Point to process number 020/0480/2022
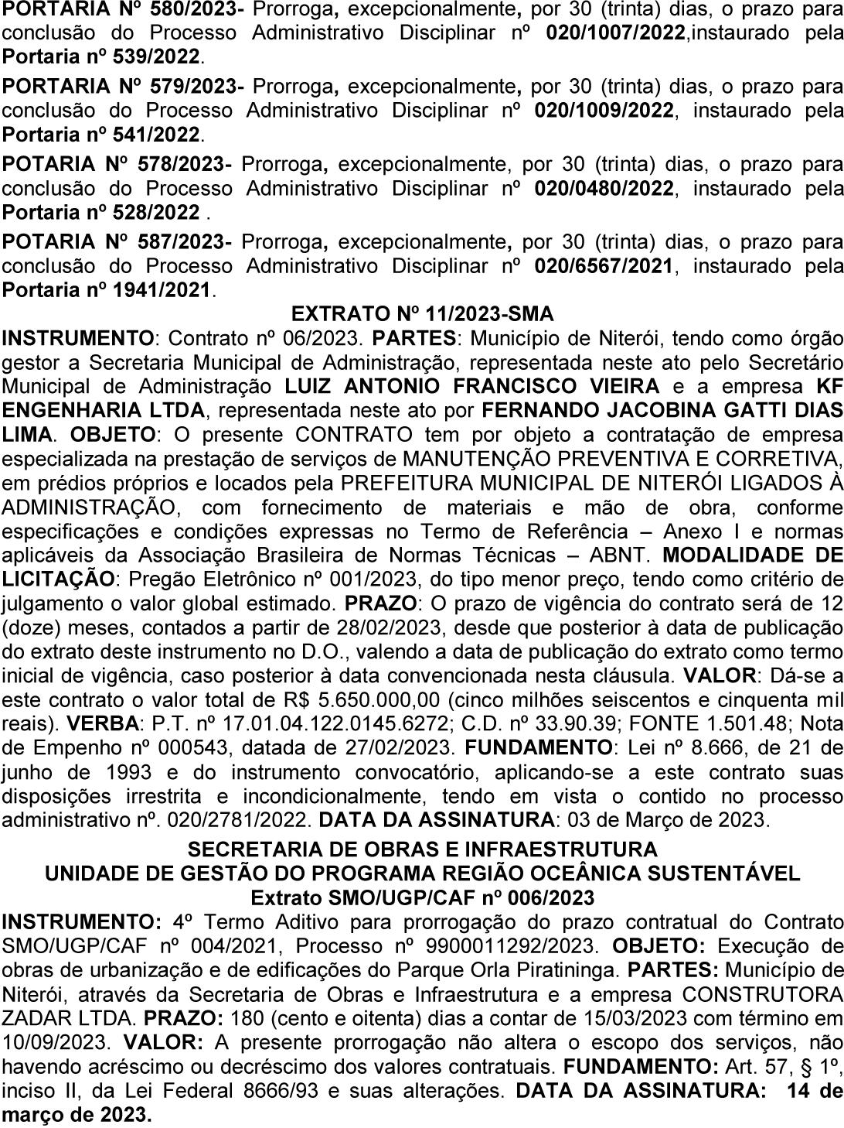pos(604,188)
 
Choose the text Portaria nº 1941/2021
pos(107,290)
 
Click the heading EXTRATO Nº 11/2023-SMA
pos(422,314)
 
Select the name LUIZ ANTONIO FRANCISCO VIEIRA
pos(472,386)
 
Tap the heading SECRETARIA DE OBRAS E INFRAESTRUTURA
pos(422,849)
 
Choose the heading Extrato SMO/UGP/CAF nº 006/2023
pos(422,897)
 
